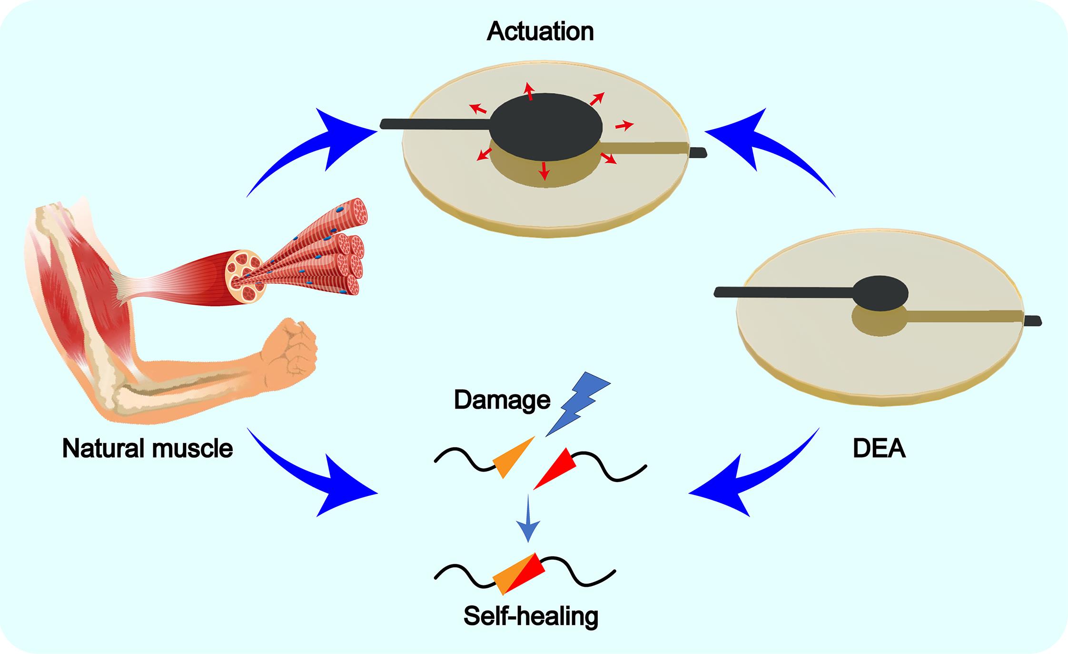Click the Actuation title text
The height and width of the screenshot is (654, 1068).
(540, 32)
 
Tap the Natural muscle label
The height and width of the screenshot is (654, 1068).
(148, 448)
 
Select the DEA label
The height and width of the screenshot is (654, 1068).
(879, 449)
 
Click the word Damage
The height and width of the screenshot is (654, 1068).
(502, 400)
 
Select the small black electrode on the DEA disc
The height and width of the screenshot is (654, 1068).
(880, 293)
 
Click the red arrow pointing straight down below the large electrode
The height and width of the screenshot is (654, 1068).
(544, 169)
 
